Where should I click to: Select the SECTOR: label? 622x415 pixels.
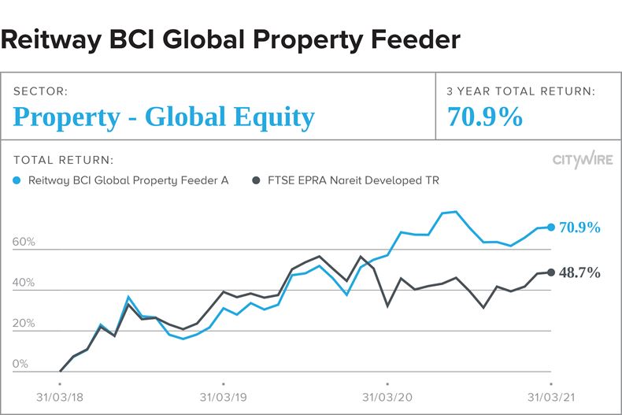coord(40,91)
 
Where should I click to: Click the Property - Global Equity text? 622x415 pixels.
coord(164,117)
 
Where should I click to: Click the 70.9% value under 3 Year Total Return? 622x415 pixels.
coord(485,117)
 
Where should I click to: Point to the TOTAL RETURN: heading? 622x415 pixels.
coord(63,160)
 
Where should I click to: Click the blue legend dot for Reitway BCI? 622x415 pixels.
coord(18,180)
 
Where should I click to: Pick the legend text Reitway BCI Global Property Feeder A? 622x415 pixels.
coord(128,180)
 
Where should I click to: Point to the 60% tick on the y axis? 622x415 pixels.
coord(24,243)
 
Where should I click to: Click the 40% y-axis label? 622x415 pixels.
coord(24,283)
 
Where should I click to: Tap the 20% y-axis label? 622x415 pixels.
coord(24,324)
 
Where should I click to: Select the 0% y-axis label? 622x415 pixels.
coord(20,365)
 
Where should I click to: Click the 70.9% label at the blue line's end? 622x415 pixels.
coord(579,228)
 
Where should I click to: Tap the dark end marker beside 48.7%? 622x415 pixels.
coord(551,272)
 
